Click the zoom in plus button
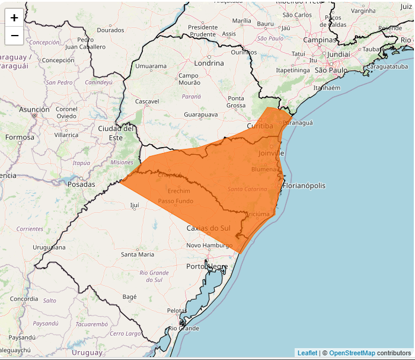14,18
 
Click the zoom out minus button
14,36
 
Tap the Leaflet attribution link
307,353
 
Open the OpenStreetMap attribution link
352,353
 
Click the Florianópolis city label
304,186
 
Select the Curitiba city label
260,126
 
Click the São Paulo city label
331,70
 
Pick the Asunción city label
34,110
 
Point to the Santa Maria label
138,254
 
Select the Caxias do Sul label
208,228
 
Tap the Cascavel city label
147,101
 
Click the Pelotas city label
177,310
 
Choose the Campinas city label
320,40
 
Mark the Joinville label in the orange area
272,153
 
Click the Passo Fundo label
175,201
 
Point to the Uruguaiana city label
49,247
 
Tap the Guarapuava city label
201,114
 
